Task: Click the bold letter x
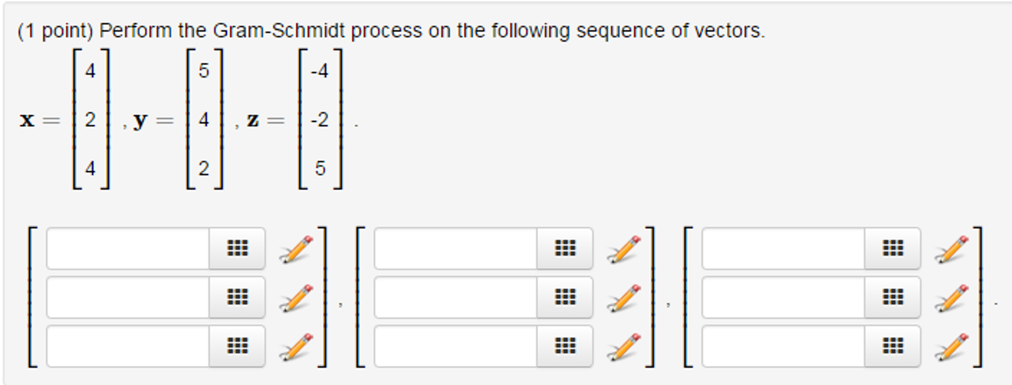[x=27, y=120]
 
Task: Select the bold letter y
[x=140, y=120]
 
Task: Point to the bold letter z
[x=253, y=120]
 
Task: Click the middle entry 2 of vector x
[x=90, y=120]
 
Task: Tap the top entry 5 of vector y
[x=204, y=71]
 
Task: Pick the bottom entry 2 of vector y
[x=204, y=169]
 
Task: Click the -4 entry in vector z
[x=320, y=71]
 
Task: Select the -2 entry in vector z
[x=320, y=120]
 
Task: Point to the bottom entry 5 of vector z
[x=321, y=169]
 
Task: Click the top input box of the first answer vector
[x=128, y=248]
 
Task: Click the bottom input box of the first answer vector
[x=128, y=346]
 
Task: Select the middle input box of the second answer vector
[x=456, y=297]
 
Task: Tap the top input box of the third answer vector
[x=783, y=248]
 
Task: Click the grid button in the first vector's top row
[x=237, y=248]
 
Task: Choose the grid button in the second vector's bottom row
[x=565, y=346]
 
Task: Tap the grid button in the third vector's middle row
[x=893, y=297]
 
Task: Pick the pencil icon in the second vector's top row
[x=624, y=249]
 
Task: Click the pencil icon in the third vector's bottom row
[x=951, y=347]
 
